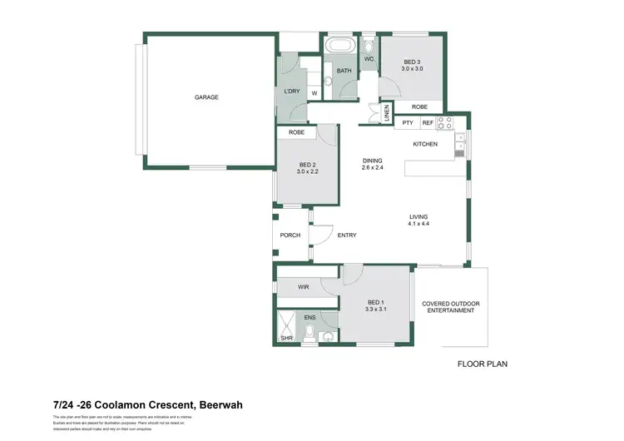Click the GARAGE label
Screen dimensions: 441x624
click(206, 97)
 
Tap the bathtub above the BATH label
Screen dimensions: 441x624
click(339, 46)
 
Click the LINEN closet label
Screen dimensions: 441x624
click(387, 114)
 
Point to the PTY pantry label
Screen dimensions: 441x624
click(408, 123)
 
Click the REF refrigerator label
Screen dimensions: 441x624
click(428, 123)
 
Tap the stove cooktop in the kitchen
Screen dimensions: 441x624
click(444, 122)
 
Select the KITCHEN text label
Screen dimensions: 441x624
click(425, 145)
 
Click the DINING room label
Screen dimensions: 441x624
click(373, 161)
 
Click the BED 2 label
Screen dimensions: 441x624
click(309, 167)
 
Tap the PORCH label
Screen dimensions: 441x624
click(290, 235)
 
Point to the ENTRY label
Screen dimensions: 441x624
click(347, 235)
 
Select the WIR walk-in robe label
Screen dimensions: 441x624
click(303, 287)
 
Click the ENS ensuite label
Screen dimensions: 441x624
click(309, 317)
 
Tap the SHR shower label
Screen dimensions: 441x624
click(285, 338)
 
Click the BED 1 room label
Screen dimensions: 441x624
click(376, 305)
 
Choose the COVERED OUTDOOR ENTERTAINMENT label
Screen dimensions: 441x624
click(449, 307)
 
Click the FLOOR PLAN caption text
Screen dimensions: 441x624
click(483, 364)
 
